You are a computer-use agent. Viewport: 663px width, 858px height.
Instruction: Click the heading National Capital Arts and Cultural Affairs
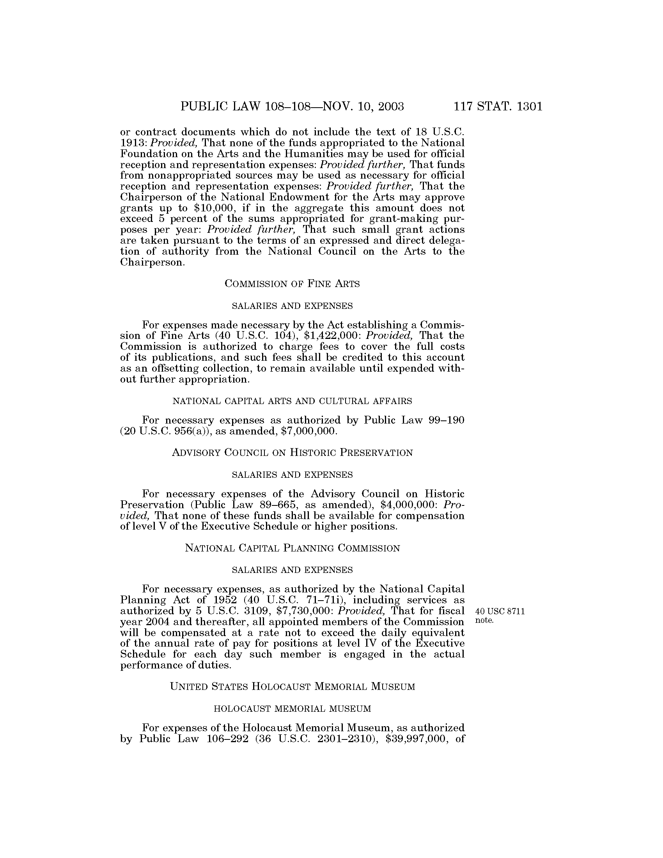click(292, 401)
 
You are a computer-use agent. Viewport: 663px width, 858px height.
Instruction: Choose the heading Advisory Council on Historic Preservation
click(292, 452)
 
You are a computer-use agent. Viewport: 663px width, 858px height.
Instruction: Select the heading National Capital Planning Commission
click(292, 548)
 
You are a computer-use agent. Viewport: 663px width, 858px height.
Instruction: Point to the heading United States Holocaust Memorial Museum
click(292, 687)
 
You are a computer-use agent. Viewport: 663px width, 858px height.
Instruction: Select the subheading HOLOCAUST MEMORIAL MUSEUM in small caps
click(292, 709)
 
